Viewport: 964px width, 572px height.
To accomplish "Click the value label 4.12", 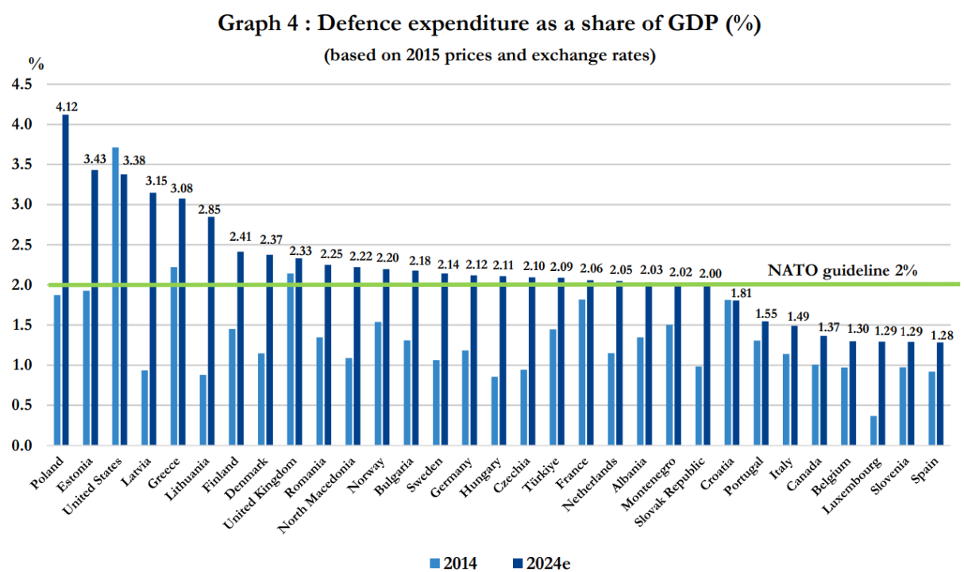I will tap(67, 106).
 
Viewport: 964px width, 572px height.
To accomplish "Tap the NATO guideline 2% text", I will tap(843, 270).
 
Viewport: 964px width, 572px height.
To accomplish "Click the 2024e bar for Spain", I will tap(941, 393).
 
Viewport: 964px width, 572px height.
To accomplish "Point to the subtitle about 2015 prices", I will tap(489, 56).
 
